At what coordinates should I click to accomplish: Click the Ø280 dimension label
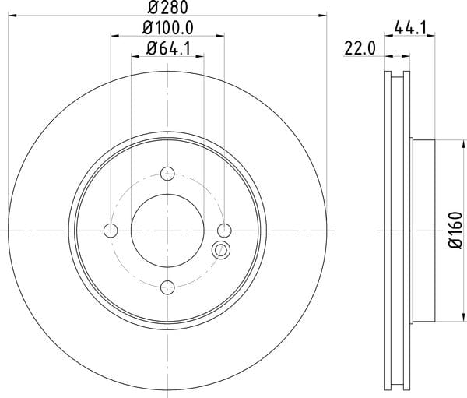coord(168,8)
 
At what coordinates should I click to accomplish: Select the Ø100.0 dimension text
coord(168,28)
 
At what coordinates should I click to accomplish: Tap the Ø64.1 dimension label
coord(168,48)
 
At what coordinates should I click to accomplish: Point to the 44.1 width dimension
coord(410,28)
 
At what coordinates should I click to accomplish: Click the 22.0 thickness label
coord(360,48)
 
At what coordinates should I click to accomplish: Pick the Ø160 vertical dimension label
coord(456,230)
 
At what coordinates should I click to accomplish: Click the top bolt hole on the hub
coord(167,174)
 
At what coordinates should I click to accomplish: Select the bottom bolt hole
coord(167,287)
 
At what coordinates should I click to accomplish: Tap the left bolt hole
coord(111,231)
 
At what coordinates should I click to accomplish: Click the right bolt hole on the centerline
coord(224,231)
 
